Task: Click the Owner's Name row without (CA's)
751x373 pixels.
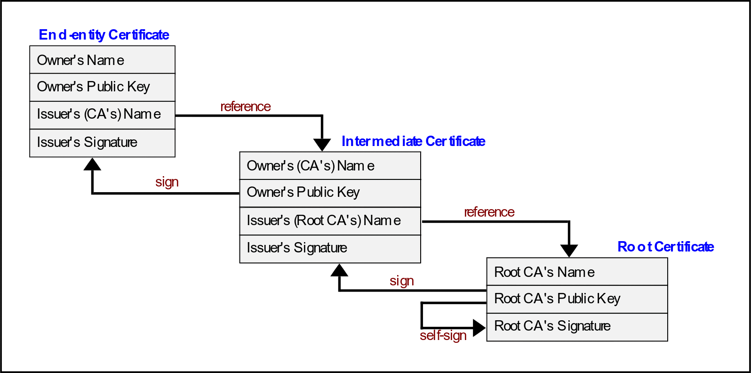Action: click(102, 60)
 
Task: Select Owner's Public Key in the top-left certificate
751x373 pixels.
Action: click(102, 87)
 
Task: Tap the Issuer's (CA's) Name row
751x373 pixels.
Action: click(102, 115)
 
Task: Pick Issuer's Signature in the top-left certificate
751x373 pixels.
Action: click(102, 143)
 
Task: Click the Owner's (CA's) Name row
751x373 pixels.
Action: click(330, 166)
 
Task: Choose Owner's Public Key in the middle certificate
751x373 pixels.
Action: click(330, 193)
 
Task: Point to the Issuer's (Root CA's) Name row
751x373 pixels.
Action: click(330, 220)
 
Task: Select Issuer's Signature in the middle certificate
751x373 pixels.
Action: click(330, 248)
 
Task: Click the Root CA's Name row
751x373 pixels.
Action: click(577, 272)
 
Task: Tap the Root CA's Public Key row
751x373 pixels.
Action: click(577, 299)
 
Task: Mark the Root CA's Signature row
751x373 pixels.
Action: click(577, 326)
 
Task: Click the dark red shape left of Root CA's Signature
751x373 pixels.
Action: click(438, 343)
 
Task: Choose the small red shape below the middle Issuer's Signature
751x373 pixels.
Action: click(401, 278)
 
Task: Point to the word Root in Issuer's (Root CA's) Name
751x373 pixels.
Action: click(311, 220)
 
